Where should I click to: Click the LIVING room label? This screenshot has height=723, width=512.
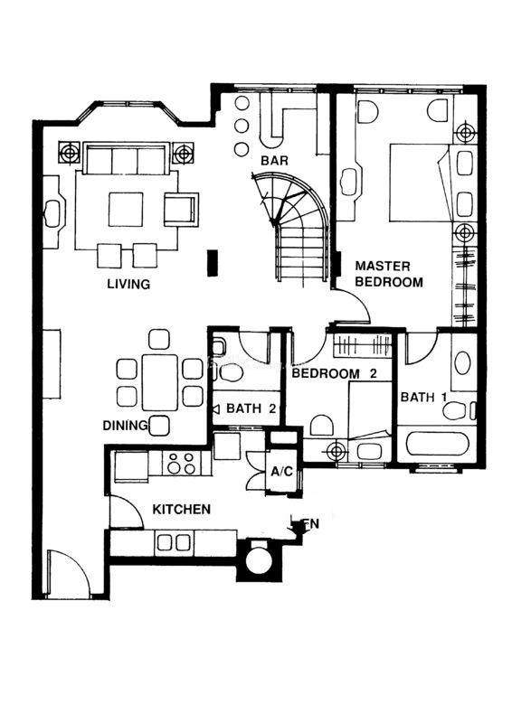pos(128,284)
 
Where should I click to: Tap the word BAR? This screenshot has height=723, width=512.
pos(274,161)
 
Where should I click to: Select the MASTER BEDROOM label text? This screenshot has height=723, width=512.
pos(388,274)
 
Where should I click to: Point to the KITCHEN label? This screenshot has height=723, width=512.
pos(182,510)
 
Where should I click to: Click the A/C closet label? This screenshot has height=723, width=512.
pos(281,472)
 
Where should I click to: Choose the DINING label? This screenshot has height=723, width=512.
pos(125,426)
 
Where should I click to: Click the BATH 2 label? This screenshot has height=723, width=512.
pos(251,408)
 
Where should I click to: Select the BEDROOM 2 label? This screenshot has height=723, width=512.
pos(335,373)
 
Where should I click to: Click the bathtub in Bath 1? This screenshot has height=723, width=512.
pos(437,444)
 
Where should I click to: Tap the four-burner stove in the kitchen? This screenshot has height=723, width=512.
pos(181,463)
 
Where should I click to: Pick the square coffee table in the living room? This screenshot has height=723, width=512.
pos(126,210)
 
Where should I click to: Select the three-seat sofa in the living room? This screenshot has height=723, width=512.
pos(125,158)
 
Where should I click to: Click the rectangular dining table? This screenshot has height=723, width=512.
pos(160,382)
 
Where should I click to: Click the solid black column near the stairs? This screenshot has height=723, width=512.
pos(213,263)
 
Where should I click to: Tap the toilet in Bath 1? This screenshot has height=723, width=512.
pos(458,410)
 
